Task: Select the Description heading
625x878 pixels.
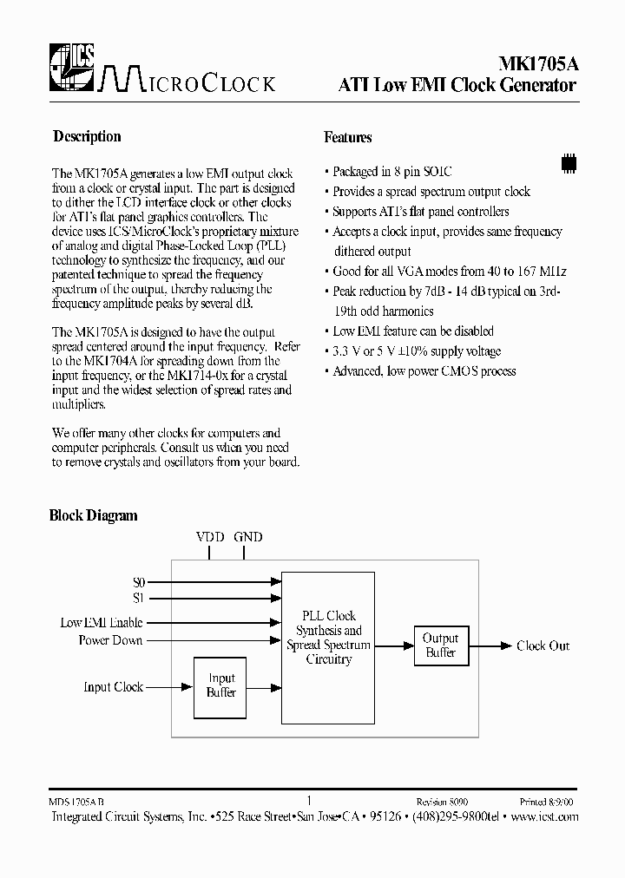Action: tap(87, 136)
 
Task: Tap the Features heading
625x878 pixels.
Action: tap(348, 137)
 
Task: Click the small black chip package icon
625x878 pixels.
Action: tap(569, 162)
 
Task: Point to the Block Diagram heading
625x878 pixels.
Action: tap(93, 515)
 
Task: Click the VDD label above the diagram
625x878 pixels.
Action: tap(210, 537)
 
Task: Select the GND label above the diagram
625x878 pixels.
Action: tap(247, 537)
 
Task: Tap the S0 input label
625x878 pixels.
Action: tap(139, 582)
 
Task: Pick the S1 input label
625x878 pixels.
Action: tap(139, 597)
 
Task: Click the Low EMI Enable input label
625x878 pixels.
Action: tap(102, 623)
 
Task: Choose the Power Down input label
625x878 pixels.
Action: tap(111, 640)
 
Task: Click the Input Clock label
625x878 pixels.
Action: tap(114, 686)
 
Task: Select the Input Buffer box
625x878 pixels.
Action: tap(221, 685)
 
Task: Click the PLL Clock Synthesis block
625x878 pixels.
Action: tap(329, 638)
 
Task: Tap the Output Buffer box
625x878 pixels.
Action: tap(440, 645)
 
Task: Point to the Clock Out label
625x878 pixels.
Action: tap(543, 645)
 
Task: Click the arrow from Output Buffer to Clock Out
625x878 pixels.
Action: tap(490, 645)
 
